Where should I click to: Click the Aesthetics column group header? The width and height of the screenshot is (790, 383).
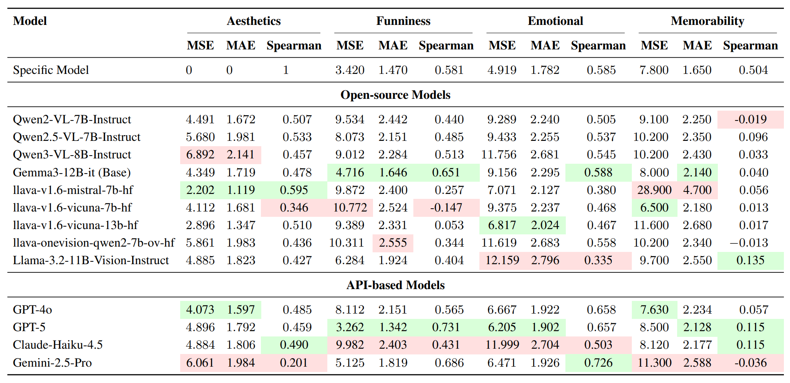click(x=254, y=21)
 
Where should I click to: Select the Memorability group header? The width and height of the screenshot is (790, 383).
click(x=707, y=21)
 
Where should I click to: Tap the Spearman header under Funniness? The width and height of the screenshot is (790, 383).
click(x=446, y=45)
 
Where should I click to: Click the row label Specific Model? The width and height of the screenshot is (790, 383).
click(x=51, y=70)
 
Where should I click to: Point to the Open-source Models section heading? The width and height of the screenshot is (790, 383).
click(x=395, y=95)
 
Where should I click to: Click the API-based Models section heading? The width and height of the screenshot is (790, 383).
click(x=395, y=285)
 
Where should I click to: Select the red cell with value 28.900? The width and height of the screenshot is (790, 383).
click(x=654, y=190)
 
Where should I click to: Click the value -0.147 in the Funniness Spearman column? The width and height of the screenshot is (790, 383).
click(x=446, y=207)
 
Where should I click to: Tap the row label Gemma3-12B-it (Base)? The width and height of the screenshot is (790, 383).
click(x=72, y=172)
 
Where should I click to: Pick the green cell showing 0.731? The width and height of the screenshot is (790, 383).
click(x=446, y=327)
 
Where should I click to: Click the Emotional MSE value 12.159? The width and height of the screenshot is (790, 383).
click(x=502, y=261)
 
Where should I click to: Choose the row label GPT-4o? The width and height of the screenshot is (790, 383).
click(x=33, y=310)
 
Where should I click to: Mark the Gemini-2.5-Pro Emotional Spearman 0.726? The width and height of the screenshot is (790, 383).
click(x=598, y=363)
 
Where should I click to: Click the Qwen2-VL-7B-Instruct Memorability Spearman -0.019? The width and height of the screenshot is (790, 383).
click(x=750, y=119)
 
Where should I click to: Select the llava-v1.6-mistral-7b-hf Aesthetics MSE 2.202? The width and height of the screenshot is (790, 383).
click(x=200, y=190)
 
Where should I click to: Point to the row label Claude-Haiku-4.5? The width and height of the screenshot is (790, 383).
click(x=58, y=345)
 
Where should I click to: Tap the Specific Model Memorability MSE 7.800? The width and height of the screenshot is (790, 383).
click(x=654, y=70)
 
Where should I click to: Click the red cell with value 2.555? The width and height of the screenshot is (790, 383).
click(x=393, y=243)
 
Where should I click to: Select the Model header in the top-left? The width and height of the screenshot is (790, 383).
click(x=30, y=21)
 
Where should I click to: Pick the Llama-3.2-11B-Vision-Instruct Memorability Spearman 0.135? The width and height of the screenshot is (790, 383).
click(x=750, y=261)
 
